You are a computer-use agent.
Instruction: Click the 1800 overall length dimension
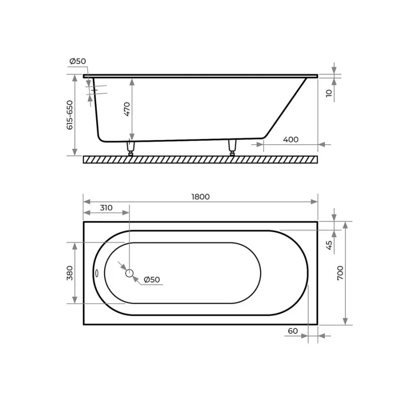pyautogui.click(x=200, y=196)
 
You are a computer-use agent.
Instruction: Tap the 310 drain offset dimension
pyautogui.click(x=106, y=208)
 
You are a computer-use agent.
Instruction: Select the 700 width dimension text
pyautogui.click(x=340, y=273)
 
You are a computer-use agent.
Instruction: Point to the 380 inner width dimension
pyautogui.click(x=70, y=273)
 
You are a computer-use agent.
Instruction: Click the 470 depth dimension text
pyautogui.click(x=127, y=109)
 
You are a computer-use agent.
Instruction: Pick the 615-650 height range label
pyautogui.click(x=70, y=115)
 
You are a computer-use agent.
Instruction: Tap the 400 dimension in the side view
pyautogui.click(x=291, y=140)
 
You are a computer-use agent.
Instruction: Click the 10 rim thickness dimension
pyautogui.click(x=329, y=93)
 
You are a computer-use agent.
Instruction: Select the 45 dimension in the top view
pyautogui.click(x=329, y=245)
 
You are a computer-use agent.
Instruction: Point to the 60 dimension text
pyautogui.click(x=293, y=331)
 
